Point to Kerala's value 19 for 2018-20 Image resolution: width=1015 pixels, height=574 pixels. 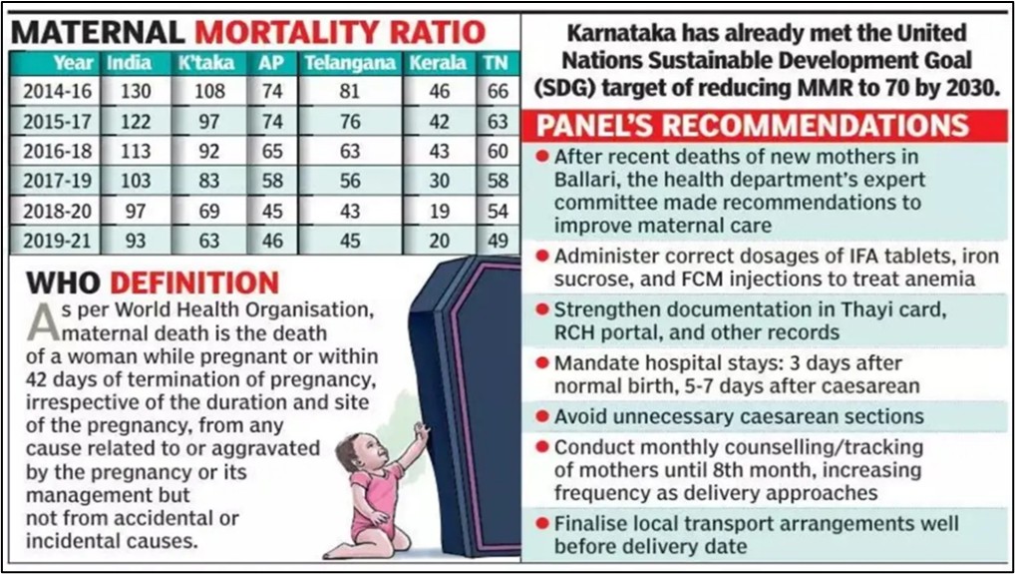[438, 212]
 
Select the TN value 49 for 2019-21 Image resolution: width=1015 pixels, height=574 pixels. [495, 242]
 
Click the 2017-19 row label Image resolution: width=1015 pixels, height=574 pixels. [59, 182]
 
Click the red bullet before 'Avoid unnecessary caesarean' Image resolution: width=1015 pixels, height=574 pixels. [541, 415]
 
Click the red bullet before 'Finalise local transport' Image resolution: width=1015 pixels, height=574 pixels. [541, 524]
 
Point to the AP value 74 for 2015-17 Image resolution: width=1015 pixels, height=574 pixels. [270, 122]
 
